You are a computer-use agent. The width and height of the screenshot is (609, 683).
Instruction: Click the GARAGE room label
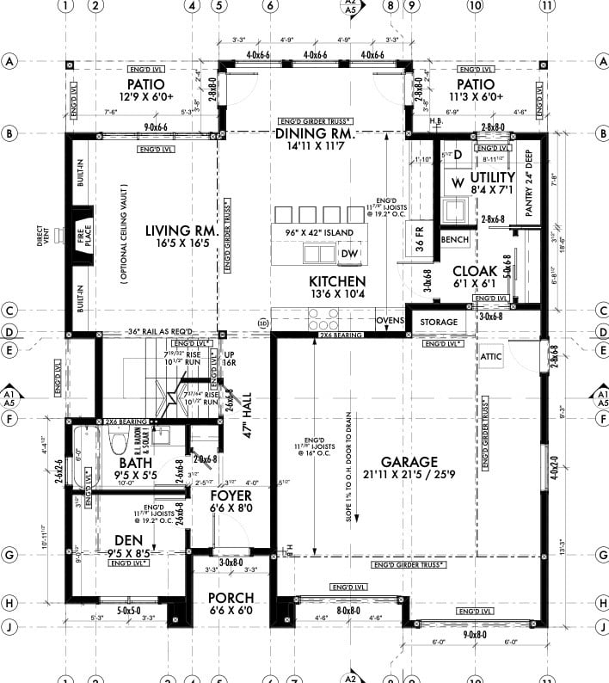[x=411, y=461]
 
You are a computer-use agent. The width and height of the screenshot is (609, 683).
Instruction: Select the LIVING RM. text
[x=179, y=231]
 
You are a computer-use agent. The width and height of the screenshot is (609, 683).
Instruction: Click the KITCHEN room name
[x=337, y=281]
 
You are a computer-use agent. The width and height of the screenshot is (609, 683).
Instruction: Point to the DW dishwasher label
[x=349, y=254]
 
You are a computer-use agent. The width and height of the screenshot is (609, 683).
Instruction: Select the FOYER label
[x=231, y=496]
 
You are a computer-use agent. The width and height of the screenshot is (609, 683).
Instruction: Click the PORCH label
[x=230, y=598]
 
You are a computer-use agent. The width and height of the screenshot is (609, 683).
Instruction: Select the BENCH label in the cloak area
[x=453, y=238]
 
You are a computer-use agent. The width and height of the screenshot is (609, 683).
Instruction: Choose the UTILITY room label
[x=491, y=176]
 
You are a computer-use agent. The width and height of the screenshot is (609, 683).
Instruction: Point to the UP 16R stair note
[x=230, y=359]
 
